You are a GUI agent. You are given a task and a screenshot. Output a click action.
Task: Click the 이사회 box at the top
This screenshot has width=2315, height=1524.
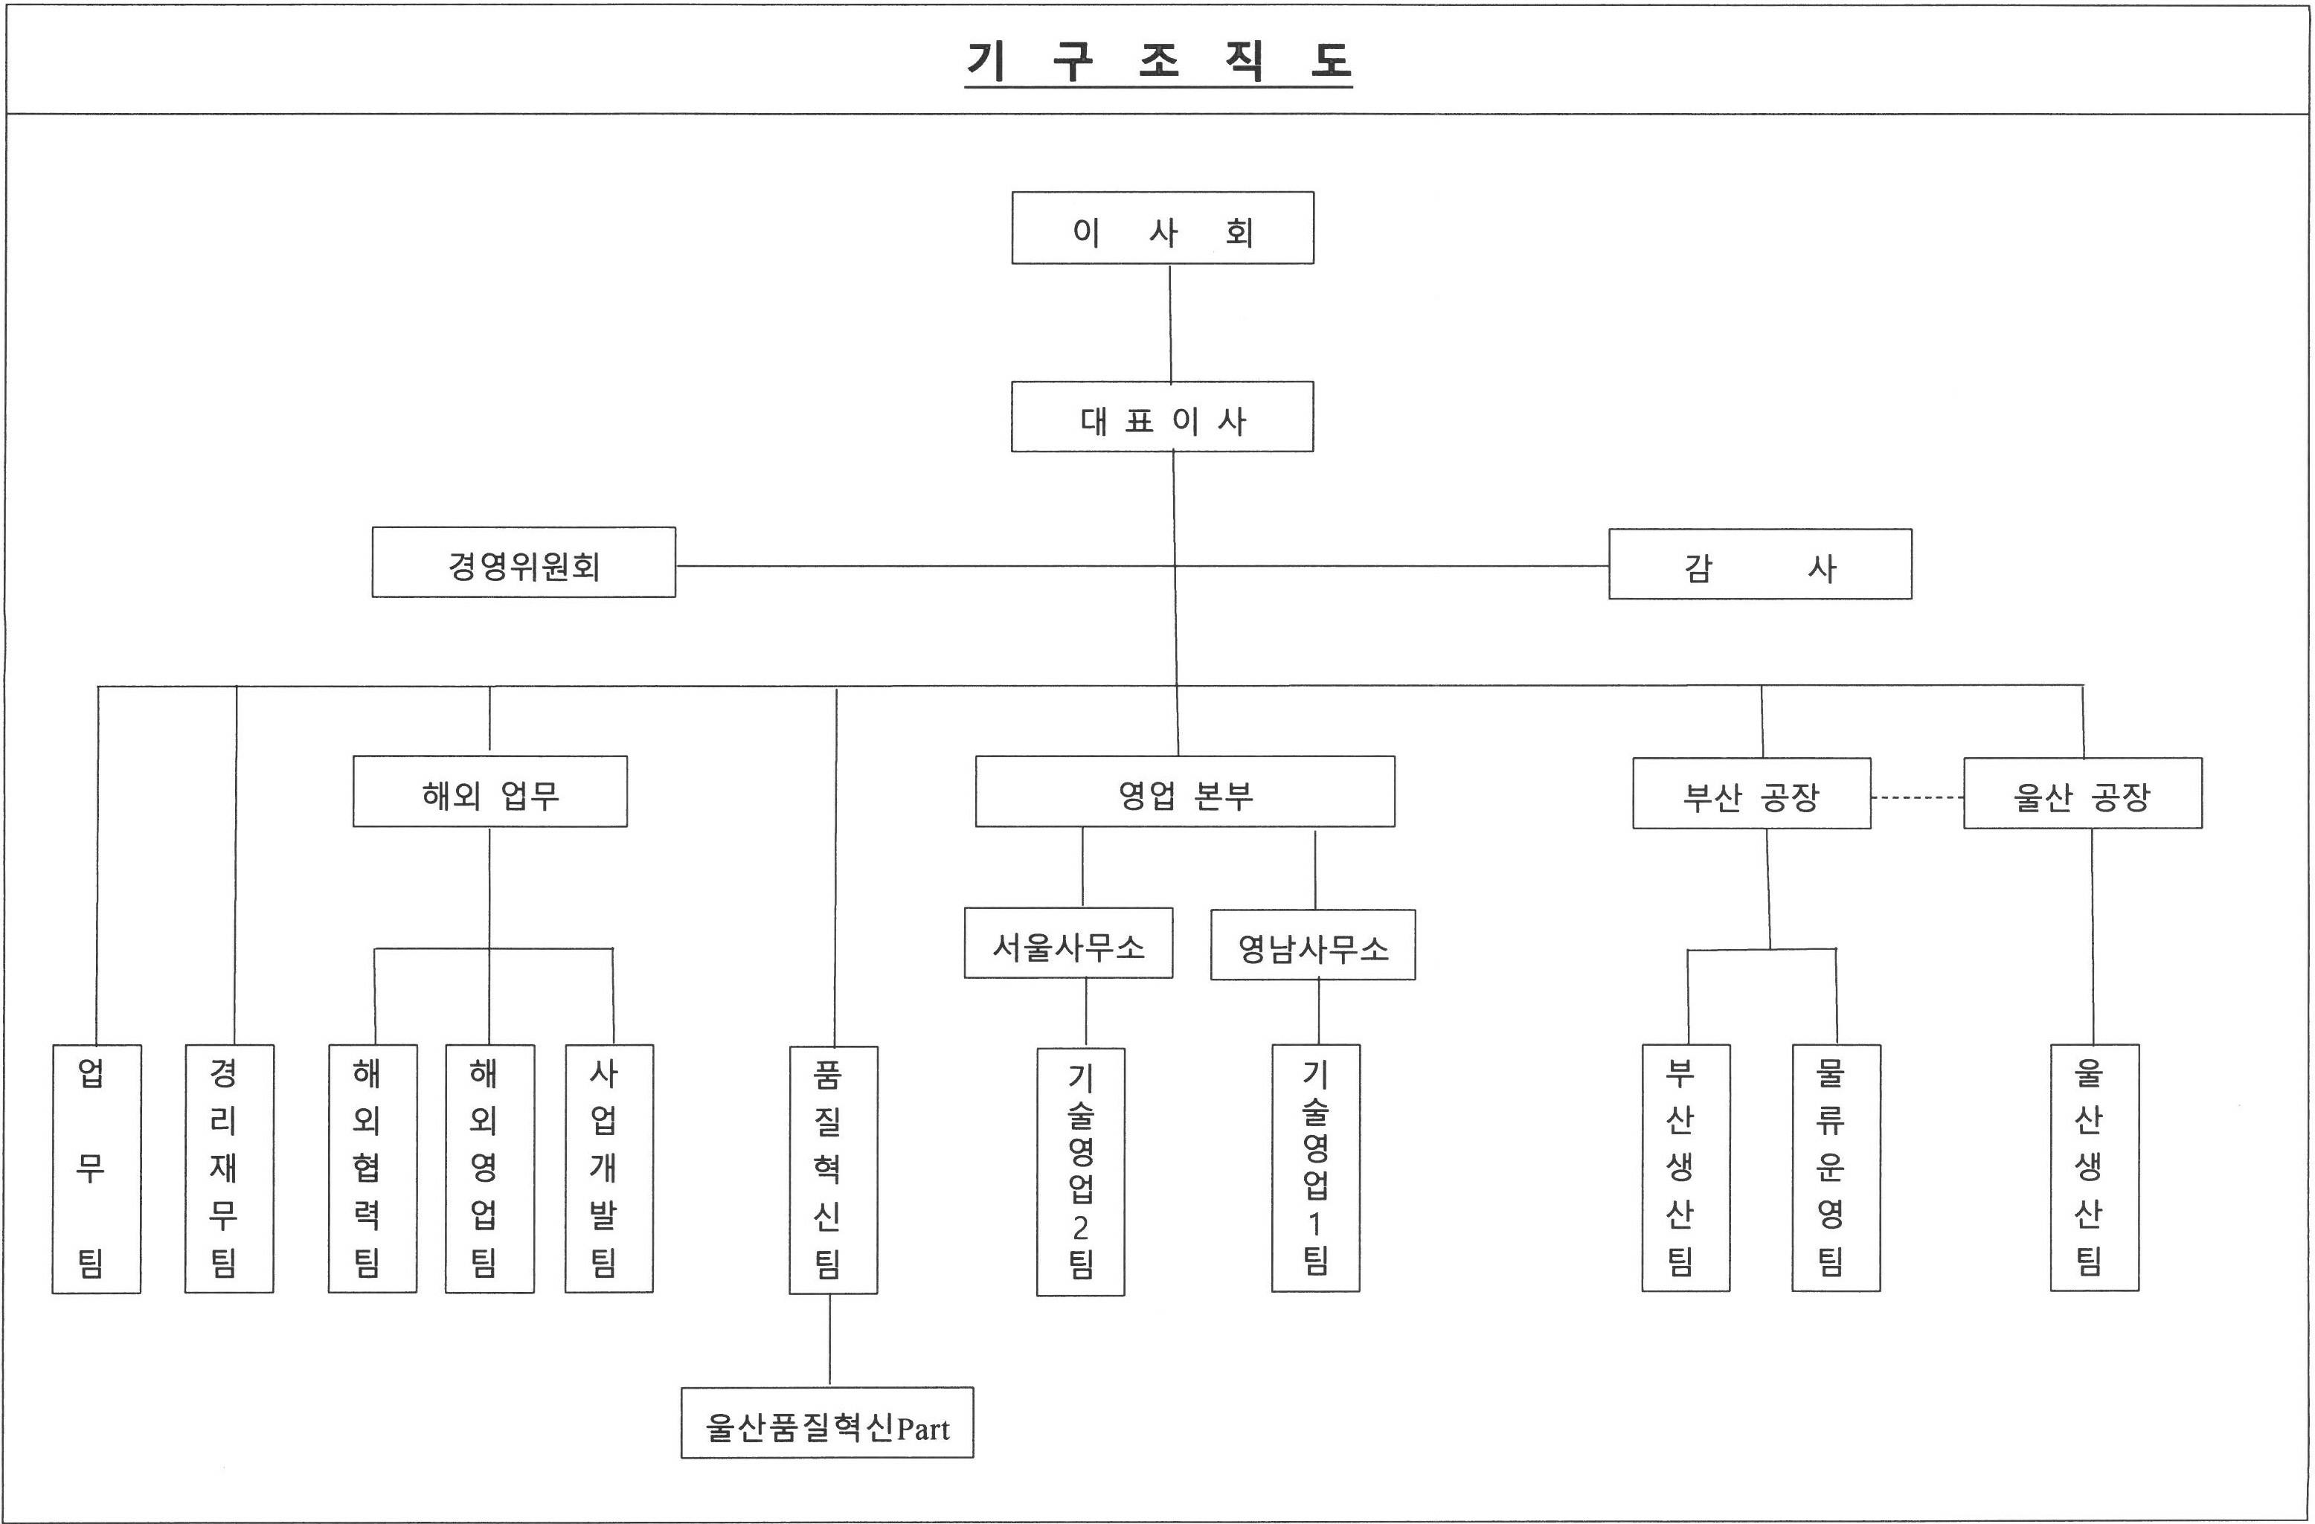1163,228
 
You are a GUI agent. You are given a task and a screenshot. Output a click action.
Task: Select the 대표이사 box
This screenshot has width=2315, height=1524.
1163,417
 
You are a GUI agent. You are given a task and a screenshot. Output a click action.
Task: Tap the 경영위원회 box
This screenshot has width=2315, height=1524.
523,563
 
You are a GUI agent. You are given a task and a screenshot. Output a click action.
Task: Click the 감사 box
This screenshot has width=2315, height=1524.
1759,564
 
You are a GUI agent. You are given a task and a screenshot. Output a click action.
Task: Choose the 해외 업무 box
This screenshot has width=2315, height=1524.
489,791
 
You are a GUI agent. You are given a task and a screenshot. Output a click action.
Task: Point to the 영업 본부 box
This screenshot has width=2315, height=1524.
1185,791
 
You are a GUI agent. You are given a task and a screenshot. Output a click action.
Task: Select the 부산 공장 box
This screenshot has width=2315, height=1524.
1751,794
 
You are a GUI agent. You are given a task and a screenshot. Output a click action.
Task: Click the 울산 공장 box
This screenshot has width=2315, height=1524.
2082,794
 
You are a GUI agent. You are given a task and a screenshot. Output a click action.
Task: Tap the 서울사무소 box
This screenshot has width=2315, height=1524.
1068,943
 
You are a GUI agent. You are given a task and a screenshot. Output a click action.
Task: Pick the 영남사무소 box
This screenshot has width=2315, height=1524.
1312,945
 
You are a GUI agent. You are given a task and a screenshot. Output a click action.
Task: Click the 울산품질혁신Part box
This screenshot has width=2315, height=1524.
826,1423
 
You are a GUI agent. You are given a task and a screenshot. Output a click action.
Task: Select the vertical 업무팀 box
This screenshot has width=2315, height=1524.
95,1169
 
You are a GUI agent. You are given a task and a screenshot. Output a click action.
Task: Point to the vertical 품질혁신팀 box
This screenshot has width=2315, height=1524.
832,1170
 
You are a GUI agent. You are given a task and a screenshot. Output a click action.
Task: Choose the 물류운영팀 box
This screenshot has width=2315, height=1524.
1835,1168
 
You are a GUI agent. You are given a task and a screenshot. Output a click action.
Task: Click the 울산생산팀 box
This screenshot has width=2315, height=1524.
2094,1168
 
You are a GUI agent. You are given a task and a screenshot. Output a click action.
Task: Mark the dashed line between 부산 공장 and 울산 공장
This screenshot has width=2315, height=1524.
1916,797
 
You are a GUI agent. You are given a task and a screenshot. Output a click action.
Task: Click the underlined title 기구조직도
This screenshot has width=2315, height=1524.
1157,61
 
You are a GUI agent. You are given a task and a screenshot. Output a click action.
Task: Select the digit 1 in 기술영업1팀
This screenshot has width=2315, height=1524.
1315,1224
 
